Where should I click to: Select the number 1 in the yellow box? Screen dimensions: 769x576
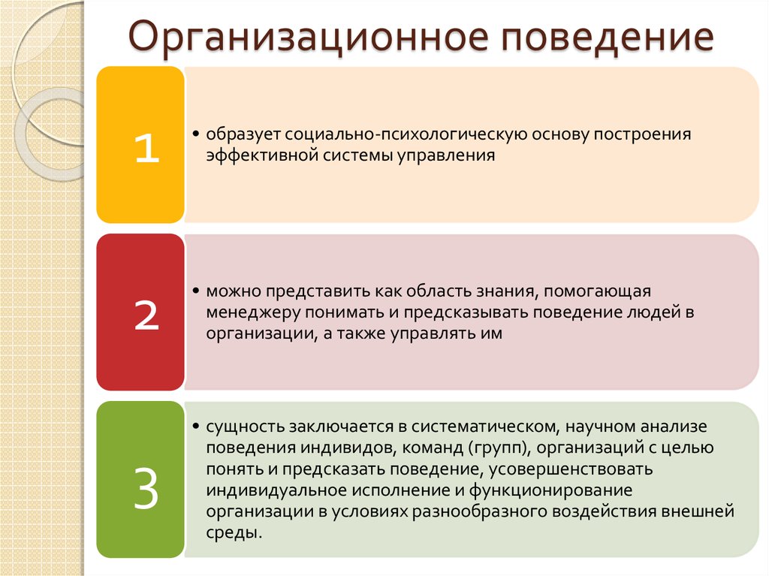[x=146, y=148]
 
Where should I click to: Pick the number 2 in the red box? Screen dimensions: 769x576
[x=146, y=315]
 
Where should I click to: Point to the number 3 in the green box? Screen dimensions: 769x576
[x=146, y=487]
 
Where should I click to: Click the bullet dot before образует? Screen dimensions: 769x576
[x=196, y=134]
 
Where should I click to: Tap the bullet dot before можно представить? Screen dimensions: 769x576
[x=196, y=291]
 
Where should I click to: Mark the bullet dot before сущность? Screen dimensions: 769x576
[x=196, y=426]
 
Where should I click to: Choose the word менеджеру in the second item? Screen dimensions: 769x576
[x=252, y=312]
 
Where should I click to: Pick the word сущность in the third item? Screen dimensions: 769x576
[x=245, y=427]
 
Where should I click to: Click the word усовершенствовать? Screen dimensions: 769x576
[x=571, y=469]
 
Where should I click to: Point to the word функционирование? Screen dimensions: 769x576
[x=550, y=490]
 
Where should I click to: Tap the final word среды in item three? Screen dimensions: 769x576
[x=234, y=533]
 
